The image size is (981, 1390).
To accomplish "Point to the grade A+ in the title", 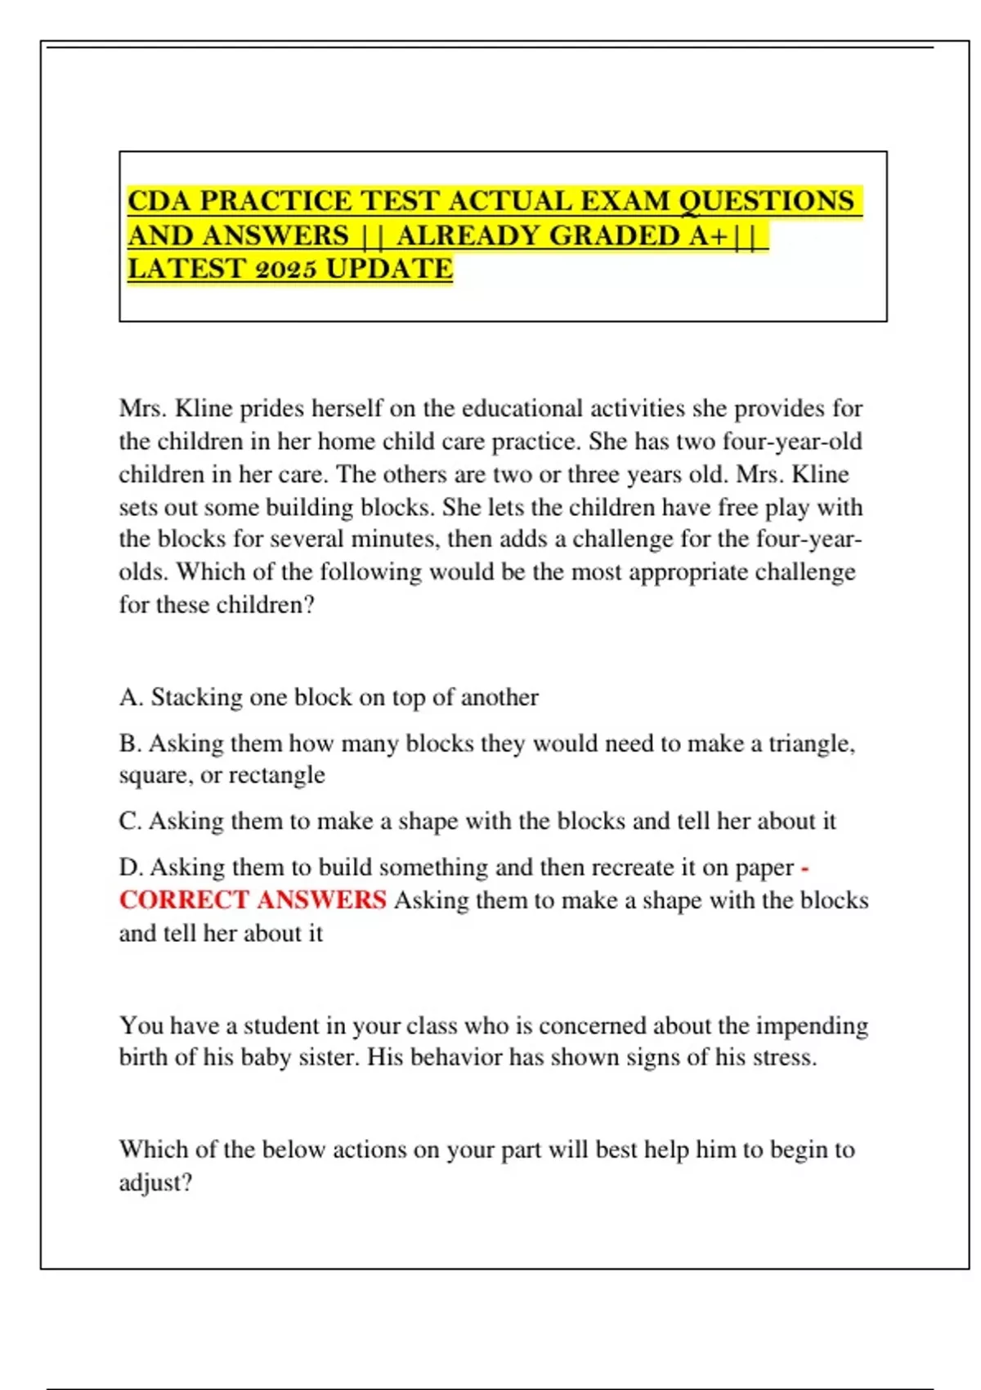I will (708, 235).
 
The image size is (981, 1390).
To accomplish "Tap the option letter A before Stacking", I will (129, 697).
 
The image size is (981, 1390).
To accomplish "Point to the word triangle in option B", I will (810, 743).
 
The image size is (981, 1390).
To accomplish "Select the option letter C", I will (129, 821).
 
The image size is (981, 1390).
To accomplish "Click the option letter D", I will (129, 867).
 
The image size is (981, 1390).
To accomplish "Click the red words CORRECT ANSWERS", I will (253, 900).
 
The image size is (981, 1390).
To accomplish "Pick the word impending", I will (811, 1025).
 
